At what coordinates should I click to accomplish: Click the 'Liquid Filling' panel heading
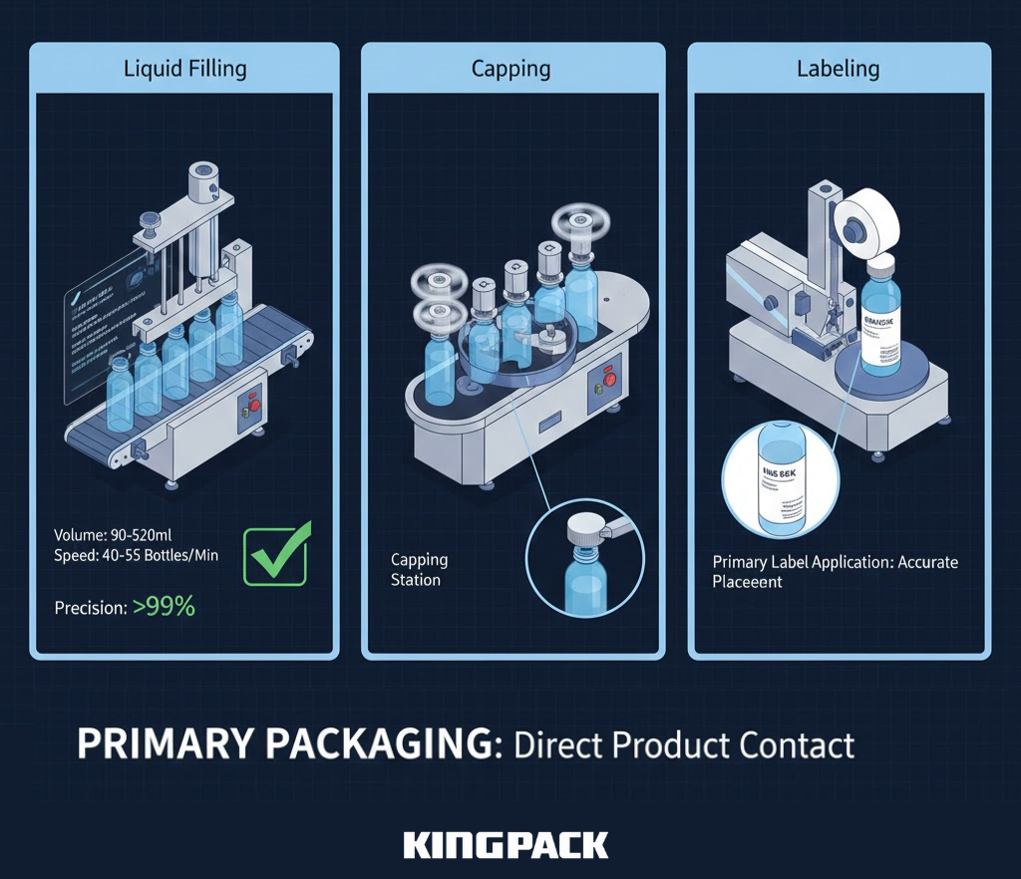184,69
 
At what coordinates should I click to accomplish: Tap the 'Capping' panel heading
510,69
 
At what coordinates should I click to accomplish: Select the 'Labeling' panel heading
838,69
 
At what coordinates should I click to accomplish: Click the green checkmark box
275,554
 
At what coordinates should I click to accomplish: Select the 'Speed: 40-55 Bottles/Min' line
137,555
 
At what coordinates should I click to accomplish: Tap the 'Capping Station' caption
419,569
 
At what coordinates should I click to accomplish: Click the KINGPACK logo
506,846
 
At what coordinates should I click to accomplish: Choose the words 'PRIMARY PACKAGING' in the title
284,745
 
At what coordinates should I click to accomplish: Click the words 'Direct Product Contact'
684,745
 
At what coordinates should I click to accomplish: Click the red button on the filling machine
253,406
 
